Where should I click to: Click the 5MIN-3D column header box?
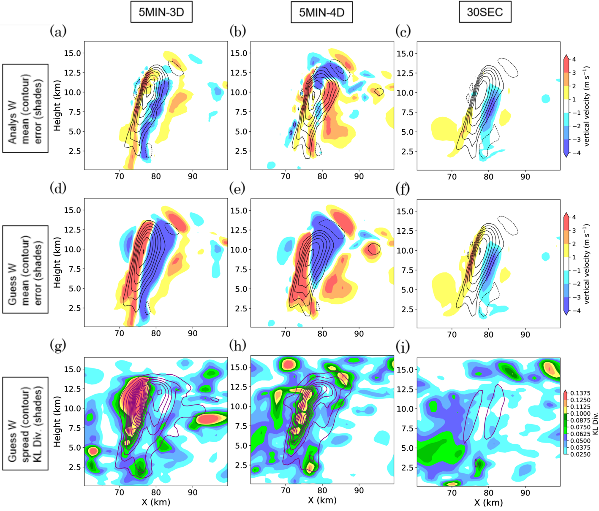coord(161,12)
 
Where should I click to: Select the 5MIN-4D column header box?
coord(321,13)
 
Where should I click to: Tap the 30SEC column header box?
coord(485,12)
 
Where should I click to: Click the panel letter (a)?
coord(58,31)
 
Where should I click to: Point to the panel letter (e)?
coord(237,188)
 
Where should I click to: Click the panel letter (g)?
coord(58,346)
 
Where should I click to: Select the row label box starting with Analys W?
coord(25,108)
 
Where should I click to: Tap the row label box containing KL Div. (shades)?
coord(25,423)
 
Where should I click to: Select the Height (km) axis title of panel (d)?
coord(57,262)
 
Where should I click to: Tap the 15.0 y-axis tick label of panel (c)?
coord(405,54)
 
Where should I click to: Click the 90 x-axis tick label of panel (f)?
coord(525,335)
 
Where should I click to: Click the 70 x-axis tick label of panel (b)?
coord(286,176)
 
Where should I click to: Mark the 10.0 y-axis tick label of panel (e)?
coord(239,250)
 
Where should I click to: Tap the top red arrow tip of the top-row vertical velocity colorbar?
coord(566,56)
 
